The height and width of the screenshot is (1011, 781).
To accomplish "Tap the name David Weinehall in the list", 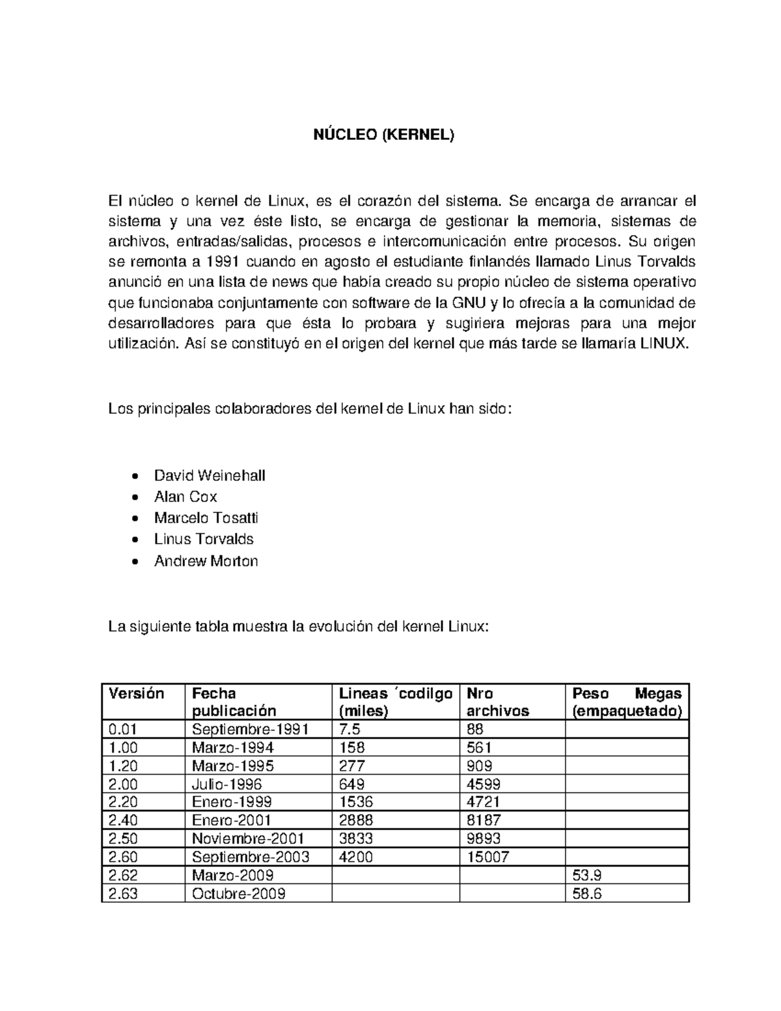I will (x=209, y=475).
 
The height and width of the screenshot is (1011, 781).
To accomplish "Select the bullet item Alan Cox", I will (x=185, y=497).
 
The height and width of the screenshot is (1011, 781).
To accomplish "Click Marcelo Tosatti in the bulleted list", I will (x=206, y=518).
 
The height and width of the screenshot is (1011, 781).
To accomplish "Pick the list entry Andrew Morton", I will (x=206, y=561).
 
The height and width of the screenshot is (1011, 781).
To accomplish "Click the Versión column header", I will (x=137, y=693).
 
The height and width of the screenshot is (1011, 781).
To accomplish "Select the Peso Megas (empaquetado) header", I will (x=626, y=702).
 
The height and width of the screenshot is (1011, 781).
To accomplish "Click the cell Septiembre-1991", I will (x=250, y=729).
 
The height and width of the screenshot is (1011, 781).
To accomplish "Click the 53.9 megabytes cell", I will (x=586, y=875).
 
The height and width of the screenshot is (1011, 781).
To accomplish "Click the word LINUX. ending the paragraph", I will (x=664, y=344).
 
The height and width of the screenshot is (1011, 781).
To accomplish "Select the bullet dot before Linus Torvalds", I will (x=135, y=540).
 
